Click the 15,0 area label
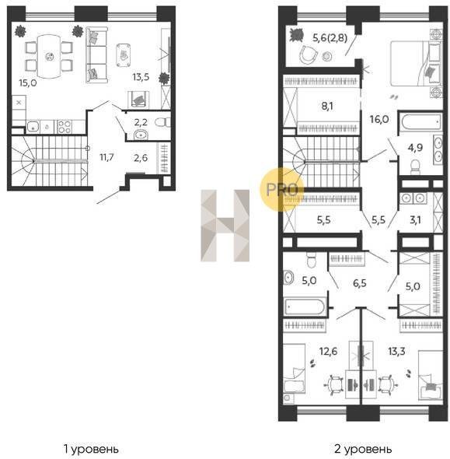click(x=28, y=83)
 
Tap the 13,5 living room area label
click(x=141, y=77)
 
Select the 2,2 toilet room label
click(x=141, y=122)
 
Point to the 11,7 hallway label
click(x=106, y=157)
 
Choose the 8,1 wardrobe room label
click(x=327, y=107)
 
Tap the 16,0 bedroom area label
click(x=379, y=120)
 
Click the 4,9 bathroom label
click(x=416, y=148)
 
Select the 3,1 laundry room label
click(x=415, y=220)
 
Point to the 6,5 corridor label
click(x=360, y=283)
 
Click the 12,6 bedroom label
click(x=328, y=352)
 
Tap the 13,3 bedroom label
click(x=396, y=351)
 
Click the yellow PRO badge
click(x=282, y=189)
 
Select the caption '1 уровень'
click(x=91, y=449)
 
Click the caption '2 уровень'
click(x=363, y=449)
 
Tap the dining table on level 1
click(x=50, y=57)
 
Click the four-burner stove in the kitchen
click(x=65, y=127)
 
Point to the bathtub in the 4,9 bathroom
click(x=420, y=122)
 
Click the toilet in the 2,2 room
click(x=162, y=122)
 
